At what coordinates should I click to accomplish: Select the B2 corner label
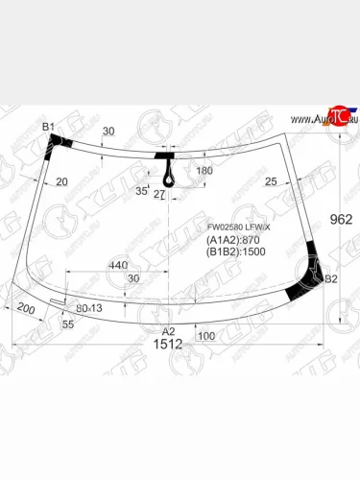(331, 279)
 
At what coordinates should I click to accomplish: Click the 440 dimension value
(118, 264)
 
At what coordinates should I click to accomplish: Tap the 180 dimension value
(204, 170)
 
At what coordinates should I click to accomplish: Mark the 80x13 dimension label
(89, 308)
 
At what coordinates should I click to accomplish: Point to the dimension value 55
(67, 325)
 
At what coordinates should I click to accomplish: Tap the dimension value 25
(271, 181)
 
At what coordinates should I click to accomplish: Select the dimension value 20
(61, 181)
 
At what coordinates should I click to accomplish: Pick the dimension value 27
(159, 195)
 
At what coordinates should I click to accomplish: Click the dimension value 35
(141, 191)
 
